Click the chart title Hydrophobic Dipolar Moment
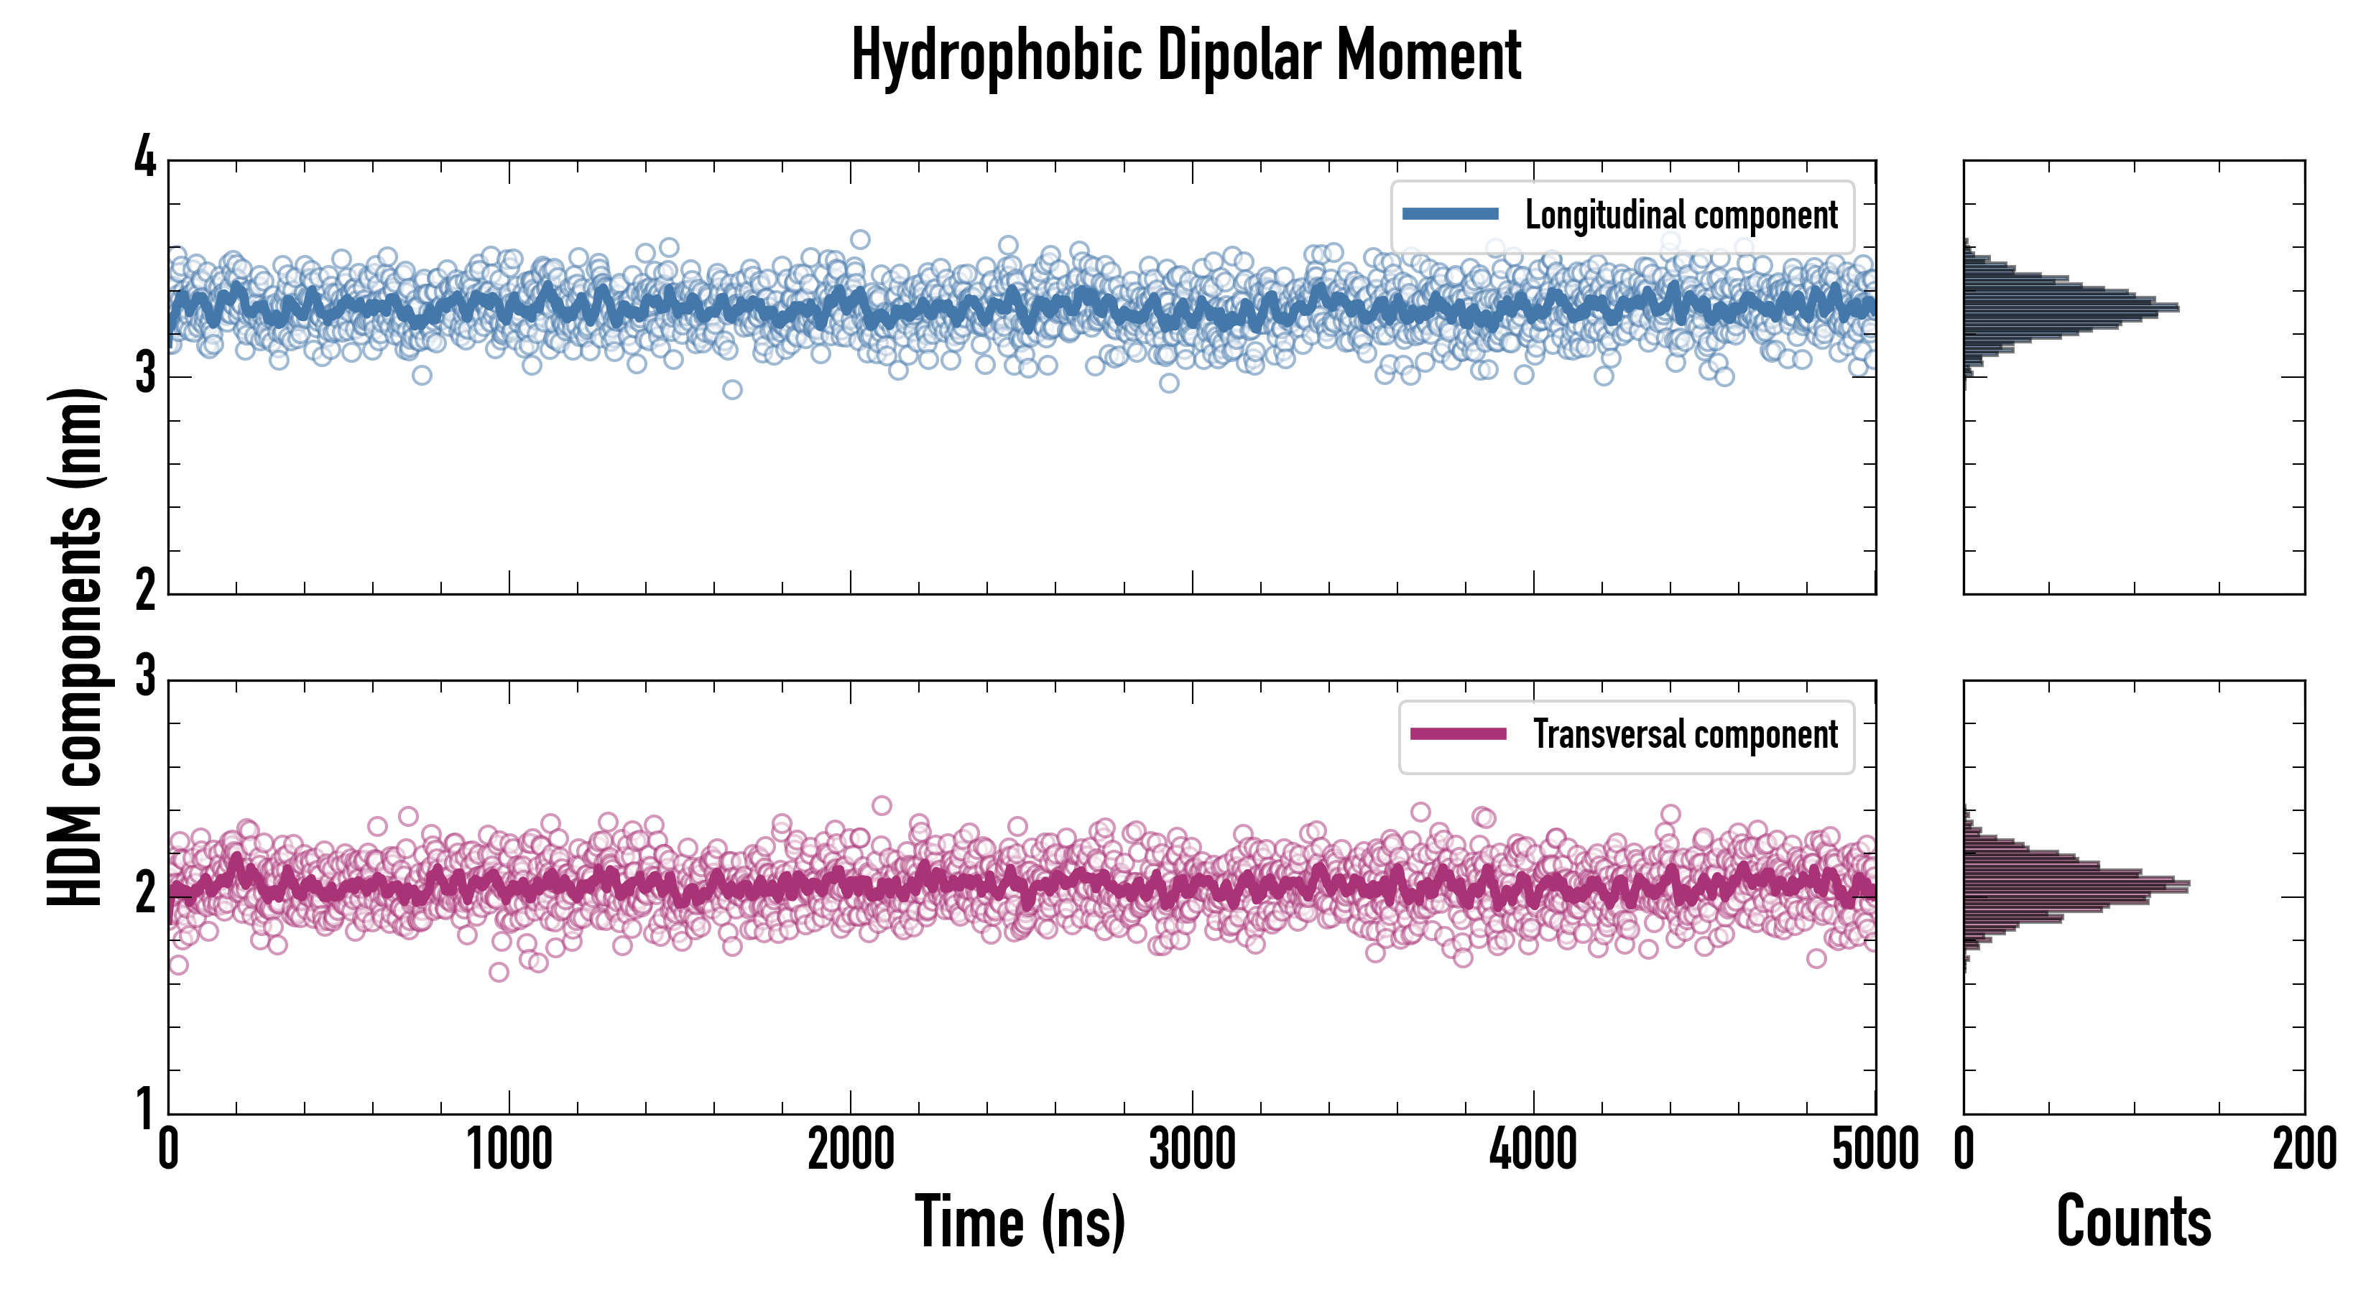[x=1185, y=55]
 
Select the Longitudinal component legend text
[x=1681, y=215]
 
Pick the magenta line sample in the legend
[x=1458, y=733]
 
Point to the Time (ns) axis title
[x=1020, y=1221]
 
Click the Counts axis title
[x=2133, y=1221]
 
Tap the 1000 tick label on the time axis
[x=509, y=1149]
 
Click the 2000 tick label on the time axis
[x=851, y=1149]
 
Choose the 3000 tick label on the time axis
[x=1192, y=1149]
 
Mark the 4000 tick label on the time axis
[x=1533, y=1149]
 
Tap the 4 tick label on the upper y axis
[x=145, y=158]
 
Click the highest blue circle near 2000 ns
[x=860, y=239]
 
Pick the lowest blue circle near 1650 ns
[x=731, y=389]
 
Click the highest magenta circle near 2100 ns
[x=882, y=805]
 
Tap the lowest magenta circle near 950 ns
[x=499, y=972]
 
